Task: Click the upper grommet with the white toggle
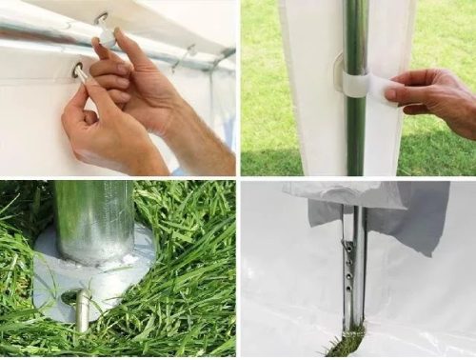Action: [x=101, y=17]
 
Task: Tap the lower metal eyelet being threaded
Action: [x=77, y=69]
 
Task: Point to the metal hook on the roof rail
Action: [x=186, y=52]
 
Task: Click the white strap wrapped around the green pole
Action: [x=356, y=86]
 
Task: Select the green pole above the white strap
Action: [x=354, y=33]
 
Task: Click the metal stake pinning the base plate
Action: [x=83, y=310]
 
